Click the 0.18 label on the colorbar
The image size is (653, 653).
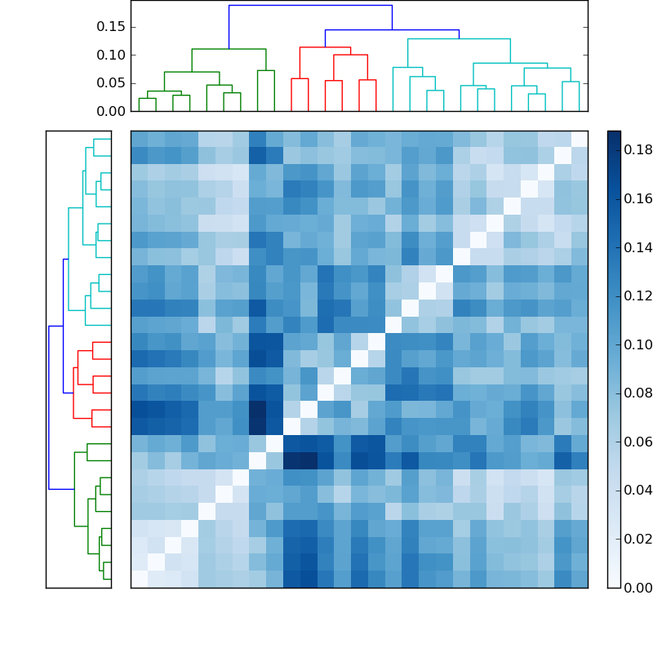coord(637,149)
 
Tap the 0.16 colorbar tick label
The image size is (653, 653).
coord(637,198)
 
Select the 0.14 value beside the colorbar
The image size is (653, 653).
coord(637,247)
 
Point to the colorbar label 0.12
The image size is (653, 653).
coord(637,295)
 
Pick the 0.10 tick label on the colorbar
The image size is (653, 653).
coord(637,344)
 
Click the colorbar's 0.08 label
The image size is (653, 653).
coord(637,393)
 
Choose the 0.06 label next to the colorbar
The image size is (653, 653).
coord(637,442)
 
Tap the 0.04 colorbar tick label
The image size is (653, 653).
coord(637,490)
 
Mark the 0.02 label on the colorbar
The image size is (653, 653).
coord(637,539)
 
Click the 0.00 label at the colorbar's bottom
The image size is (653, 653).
coord(637,587)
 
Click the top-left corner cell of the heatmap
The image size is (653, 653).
coord(139,139)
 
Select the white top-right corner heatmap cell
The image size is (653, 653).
coord(580,139)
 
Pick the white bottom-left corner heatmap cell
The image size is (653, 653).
coord(139,579)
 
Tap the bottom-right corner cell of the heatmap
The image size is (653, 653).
coord(580,579)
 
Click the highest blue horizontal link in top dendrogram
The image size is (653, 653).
coord(310,5)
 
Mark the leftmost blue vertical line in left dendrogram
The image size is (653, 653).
coord(49,407)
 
